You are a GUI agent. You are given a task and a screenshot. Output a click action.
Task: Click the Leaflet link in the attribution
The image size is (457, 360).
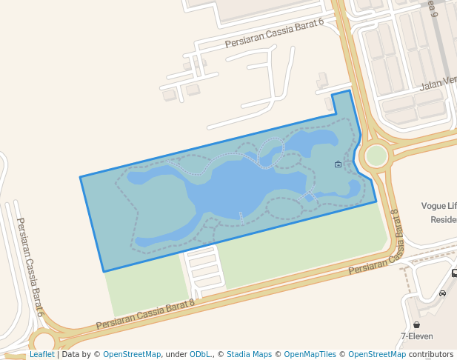pos(41,355)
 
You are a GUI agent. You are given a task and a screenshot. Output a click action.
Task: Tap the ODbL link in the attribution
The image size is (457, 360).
pos(199,355)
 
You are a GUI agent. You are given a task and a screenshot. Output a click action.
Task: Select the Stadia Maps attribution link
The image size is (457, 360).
pos(249,355)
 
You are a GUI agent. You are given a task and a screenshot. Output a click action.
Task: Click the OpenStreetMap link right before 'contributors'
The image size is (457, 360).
pos(376,355)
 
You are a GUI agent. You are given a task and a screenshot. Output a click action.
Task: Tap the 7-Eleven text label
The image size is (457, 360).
pos(417,336)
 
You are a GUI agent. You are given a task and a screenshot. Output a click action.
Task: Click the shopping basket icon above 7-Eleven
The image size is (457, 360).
pos(416,324)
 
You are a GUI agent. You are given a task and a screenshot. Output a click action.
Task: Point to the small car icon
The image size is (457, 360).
pos(442,293)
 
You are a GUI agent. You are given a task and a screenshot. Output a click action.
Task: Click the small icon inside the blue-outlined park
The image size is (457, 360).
pos(338,164)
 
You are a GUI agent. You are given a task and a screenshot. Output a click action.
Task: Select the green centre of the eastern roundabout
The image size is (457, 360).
pos(376,156)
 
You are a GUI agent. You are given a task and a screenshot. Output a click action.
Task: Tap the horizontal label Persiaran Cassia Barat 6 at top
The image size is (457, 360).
pos(275,34)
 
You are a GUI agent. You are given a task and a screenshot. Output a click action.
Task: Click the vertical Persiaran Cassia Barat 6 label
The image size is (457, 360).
pos(30,267)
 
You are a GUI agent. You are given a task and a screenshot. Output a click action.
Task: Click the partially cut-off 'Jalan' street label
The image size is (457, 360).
pos(438,84)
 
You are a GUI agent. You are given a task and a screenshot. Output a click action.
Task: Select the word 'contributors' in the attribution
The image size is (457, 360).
pos(431,355)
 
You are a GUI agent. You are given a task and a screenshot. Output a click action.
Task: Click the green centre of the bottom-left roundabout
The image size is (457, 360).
pos(43,342)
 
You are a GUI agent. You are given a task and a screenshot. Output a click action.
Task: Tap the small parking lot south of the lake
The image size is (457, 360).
pos(204,270)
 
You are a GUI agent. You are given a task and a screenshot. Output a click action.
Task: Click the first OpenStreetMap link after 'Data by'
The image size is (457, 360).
pos(132,355)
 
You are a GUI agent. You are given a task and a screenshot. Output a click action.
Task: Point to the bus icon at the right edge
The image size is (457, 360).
pos(454,273)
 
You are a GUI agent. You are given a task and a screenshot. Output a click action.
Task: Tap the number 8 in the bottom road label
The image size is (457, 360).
pos(191,302)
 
